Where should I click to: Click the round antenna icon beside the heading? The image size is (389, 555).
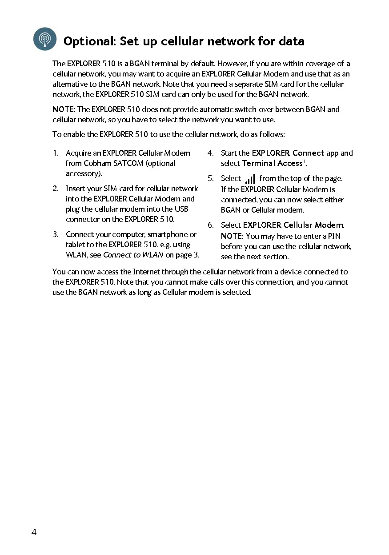[x=45, y=39]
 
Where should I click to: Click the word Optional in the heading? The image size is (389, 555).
[x=89, y=42]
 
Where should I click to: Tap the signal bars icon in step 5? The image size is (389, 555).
[x=250, y=179]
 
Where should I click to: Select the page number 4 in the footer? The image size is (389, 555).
[x=34, y=532]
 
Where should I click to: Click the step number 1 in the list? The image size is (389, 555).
[x=55, y=153]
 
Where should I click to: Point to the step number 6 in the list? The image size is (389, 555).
[x=210, y=225]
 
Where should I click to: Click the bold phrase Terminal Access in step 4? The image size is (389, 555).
[x=272, y=163]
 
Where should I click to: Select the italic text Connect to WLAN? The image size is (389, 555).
[x=133, y=255]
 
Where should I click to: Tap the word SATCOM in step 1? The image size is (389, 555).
[x=128, y=163]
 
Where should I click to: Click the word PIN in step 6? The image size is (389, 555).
[x=334, y=236]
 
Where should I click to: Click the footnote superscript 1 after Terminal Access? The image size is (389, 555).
[x=305, y=161]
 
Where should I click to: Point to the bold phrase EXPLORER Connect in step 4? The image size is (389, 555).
[x=288, y=153]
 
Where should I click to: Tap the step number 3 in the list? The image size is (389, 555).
[x=55, y=234]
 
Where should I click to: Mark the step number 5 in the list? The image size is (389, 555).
[x=210, y=179]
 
